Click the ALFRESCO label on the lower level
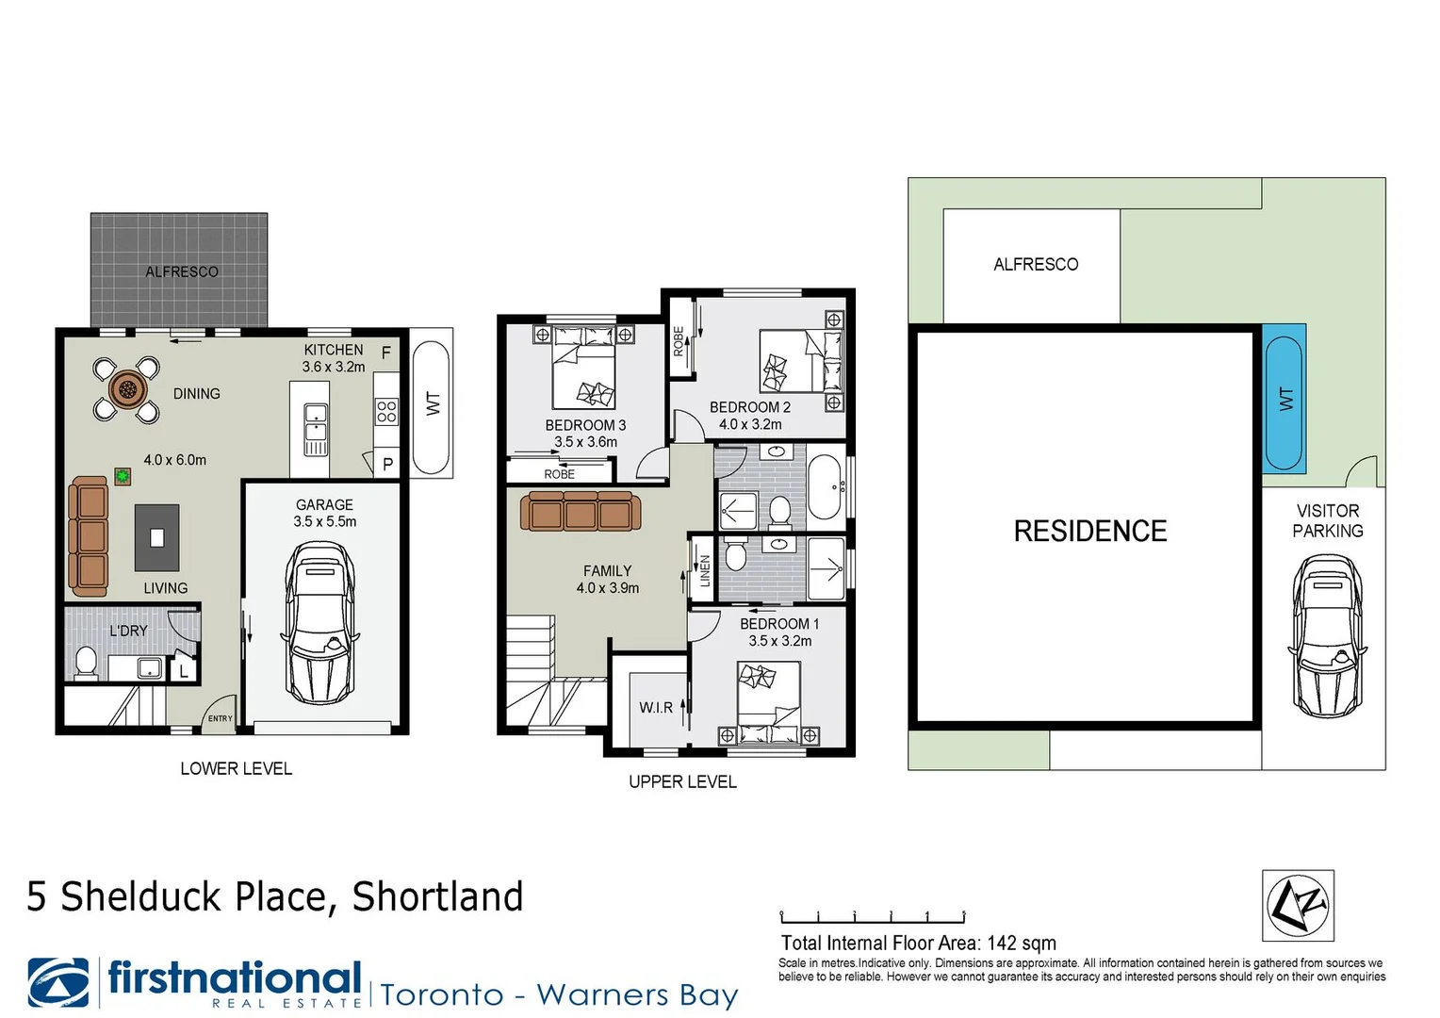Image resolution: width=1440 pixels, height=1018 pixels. click(182, 271)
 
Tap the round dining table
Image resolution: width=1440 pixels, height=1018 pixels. click(126, 387)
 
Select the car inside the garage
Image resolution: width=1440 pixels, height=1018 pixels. click(321, 623)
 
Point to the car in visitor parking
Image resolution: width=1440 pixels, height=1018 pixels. click(1327, 635)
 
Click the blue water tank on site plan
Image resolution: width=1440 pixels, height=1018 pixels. click(1284, 399)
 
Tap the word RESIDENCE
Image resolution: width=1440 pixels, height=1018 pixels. click(1089, 532)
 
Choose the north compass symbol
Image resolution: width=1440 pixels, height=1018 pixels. click(1298, 906)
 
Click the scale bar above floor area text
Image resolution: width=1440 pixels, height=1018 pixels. click(872, 917)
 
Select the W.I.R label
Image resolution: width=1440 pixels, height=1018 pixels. click(655, 707)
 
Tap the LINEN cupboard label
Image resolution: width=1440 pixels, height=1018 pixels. click(704, 571)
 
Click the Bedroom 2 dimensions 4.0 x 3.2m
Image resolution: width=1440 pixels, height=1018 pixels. click(750, 424)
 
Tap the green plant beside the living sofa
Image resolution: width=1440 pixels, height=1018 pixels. click(123, 476)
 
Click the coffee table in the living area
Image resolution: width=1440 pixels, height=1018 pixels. click(157, 538)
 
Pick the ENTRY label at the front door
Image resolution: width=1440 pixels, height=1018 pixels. click(220, 718)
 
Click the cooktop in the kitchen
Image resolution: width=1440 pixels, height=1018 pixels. click(386, 411)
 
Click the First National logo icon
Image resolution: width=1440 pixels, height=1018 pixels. click(58, 983)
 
